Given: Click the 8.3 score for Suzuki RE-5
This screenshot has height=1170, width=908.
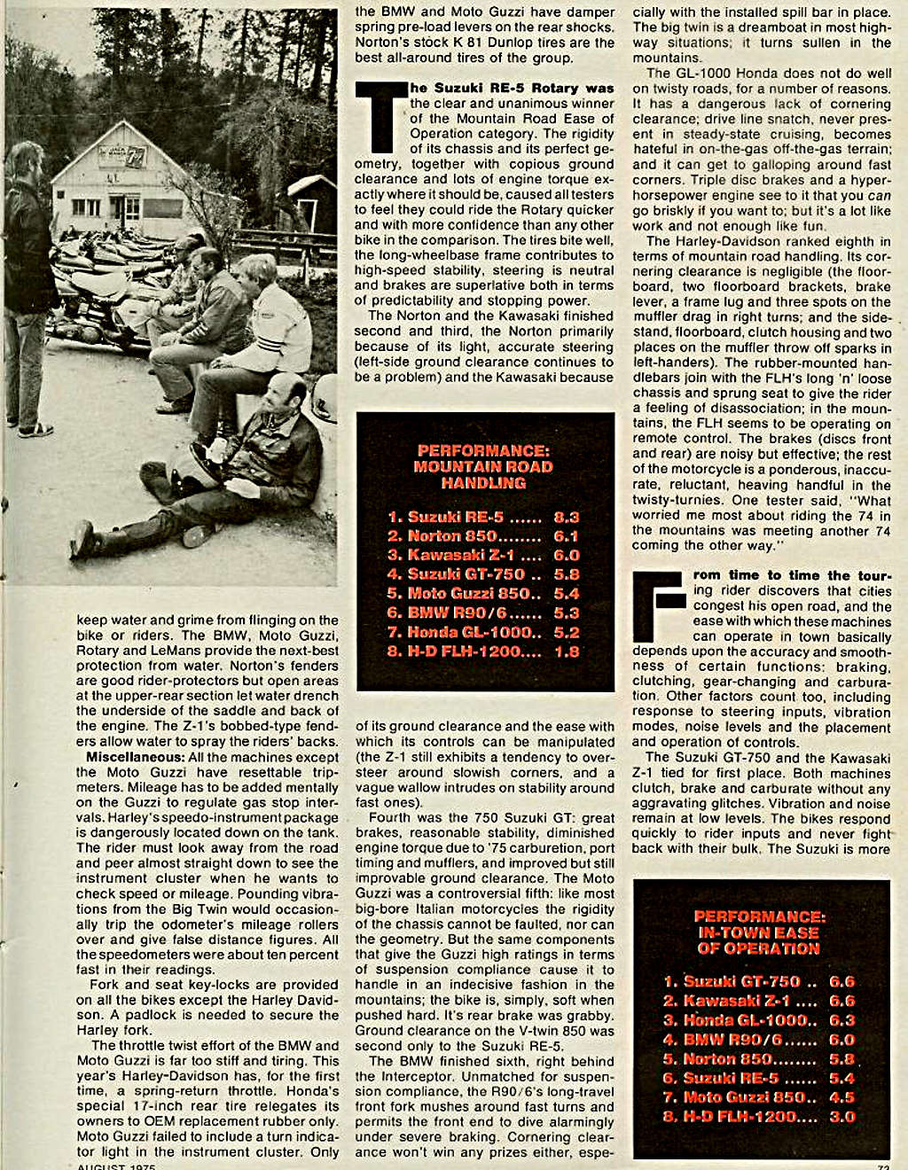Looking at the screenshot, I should click(x=566, y=517).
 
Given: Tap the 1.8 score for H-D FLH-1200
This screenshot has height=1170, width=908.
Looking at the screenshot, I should click(x=566, y=651).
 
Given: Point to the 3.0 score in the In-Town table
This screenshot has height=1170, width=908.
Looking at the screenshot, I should click(x=841, y=1117).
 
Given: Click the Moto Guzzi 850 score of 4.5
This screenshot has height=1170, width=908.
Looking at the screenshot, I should click(x=841, y=1097).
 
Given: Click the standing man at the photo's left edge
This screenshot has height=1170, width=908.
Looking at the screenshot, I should click(x=27, y=284).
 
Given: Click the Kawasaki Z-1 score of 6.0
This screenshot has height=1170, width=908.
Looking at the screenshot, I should click(x=566, y=556).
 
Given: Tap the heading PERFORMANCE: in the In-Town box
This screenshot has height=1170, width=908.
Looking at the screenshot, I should click(x=759, y=916).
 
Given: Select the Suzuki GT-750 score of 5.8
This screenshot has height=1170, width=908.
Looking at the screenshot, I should click(x=566, y=574).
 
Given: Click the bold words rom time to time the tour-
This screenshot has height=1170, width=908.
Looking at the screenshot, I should click(x=792, y=575).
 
